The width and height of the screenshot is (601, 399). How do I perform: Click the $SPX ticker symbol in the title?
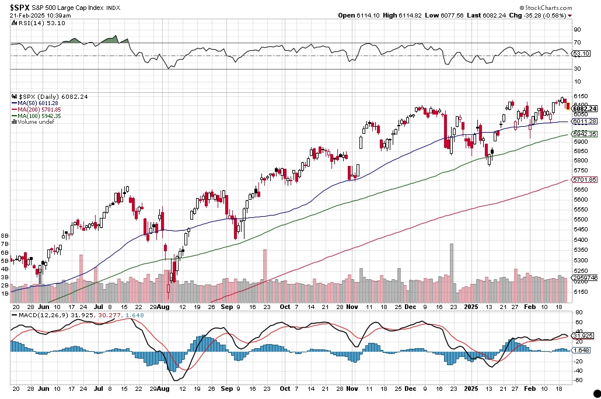click(x=22, y=7)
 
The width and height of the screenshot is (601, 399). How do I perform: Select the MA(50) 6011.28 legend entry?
click(x=40, y=103)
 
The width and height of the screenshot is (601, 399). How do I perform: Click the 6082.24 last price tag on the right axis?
click(x=584, y=109)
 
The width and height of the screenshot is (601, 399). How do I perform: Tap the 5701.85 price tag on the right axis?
click(x=584, y=179)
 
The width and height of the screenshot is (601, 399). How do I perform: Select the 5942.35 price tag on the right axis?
click(x=584, y=134)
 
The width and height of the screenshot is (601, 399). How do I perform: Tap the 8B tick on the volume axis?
click(x=5, y=235)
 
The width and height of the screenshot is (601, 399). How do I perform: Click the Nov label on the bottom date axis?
click(x=352, y=306)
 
